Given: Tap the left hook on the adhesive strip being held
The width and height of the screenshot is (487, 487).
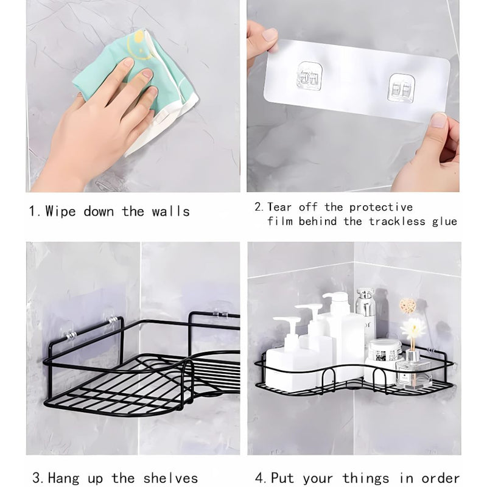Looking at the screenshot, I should point(309,76).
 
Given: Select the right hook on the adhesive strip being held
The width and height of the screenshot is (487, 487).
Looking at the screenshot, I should point(402,86).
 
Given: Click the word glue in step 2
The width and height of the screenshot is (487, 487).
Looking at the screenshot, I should point(444,222).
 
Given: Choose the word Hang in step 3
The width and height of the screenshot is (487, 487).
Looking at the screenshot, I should point(64,478).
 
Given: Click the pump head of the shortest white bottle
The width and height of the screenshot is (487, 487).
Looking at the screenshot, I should point(286,323).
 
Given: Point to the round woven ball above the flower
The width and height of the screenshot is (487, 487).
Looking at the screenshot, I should point(407,306).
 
